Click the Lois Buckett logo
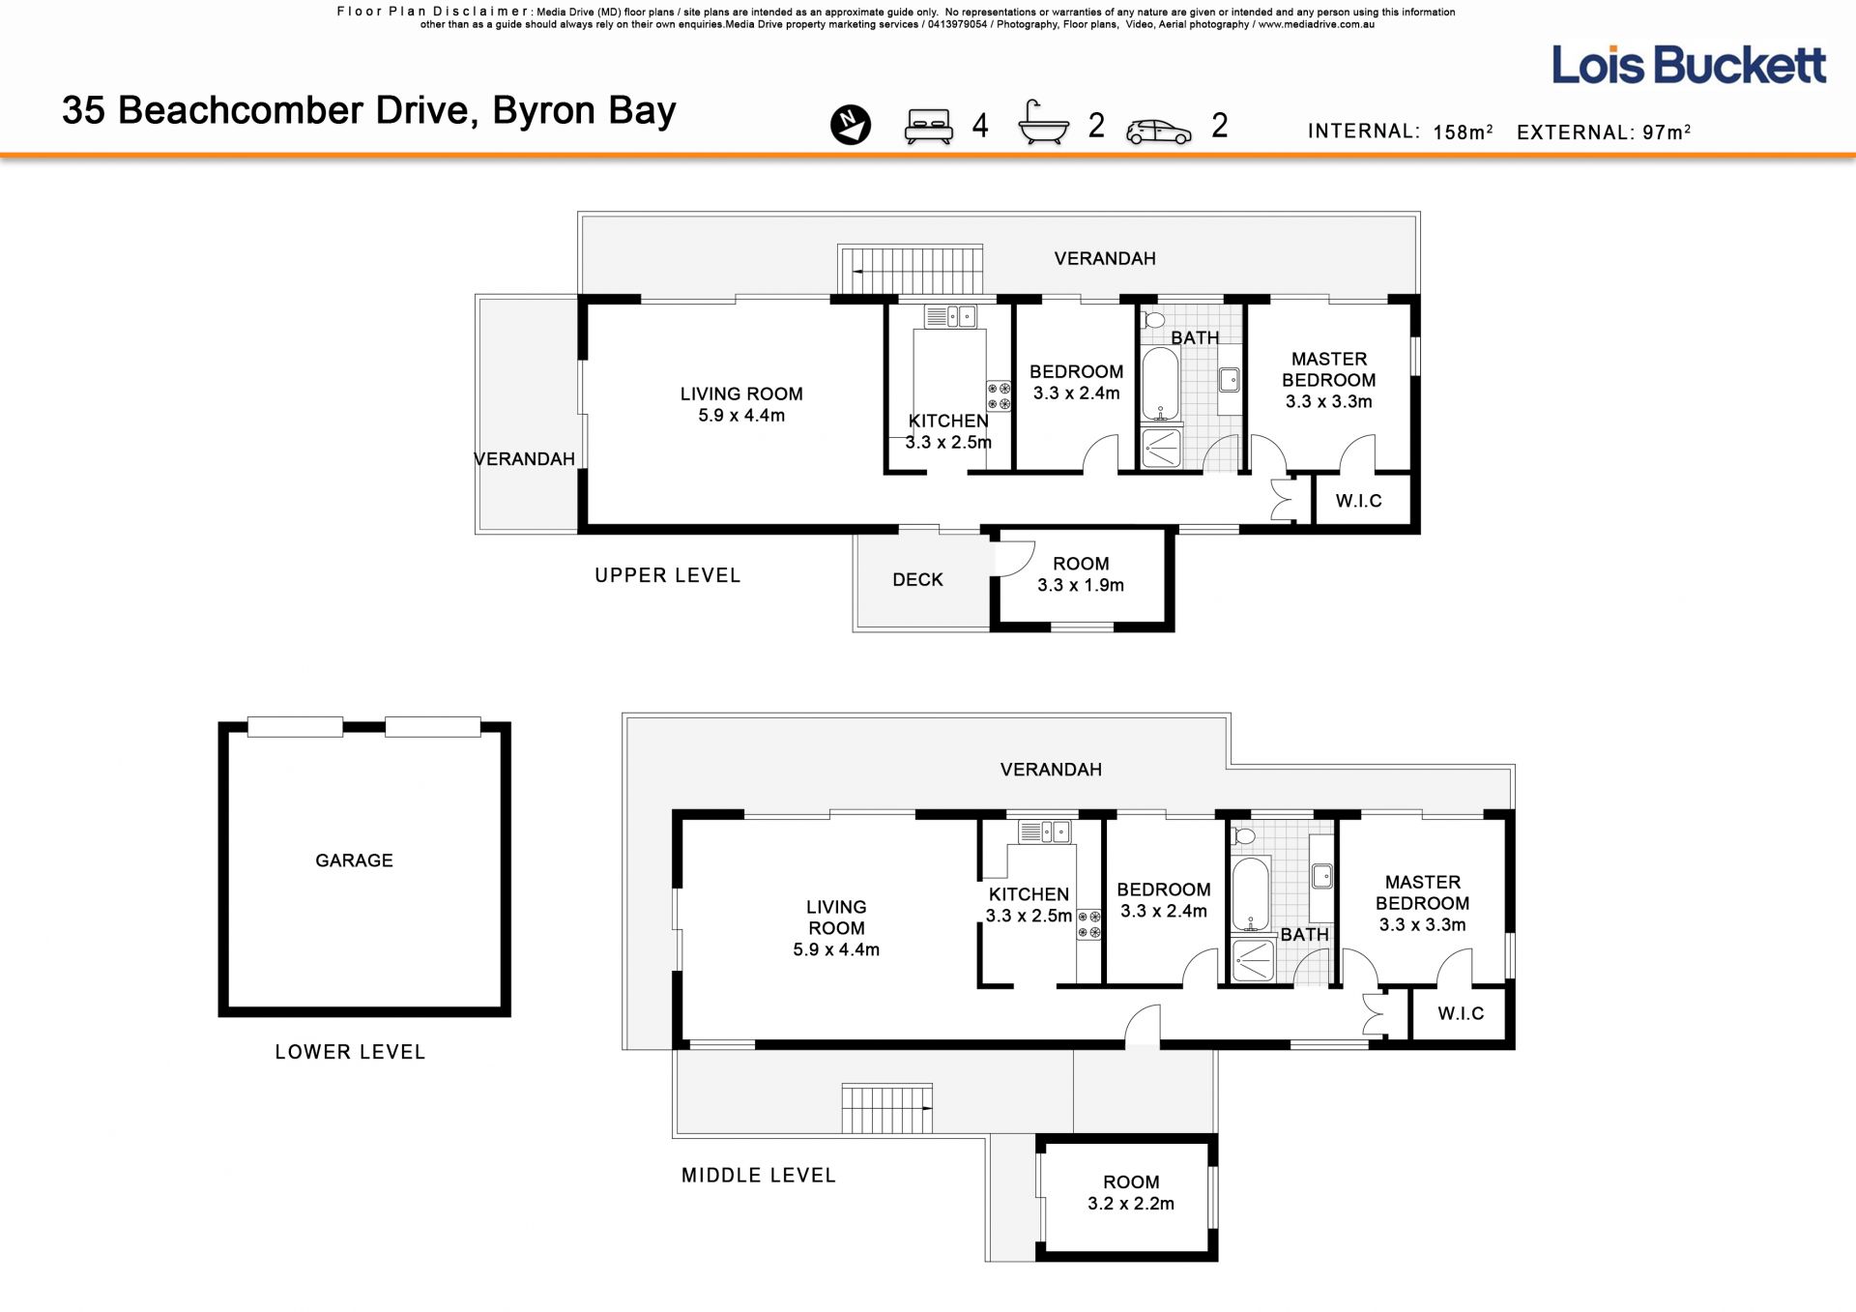[1689, 65]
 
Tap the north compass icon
[851, 125]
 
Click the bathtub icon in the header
[1044, 123]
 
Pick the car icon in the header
[1159, 131]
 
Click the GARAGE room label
[354, 860]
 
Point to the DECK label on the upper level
[917, 579]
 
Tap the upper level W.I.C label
[1358, 501]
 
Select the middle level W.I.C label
[1460, 1013]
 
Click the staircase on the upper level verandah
[911, 270]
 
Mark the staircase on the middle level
[886, 1108]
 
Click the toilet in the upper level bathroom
[1153, 319]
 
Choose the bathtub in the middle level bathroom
[1250, 893]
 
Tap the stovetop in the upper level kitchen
[999, 396]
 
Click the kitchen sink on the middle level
[1045, 831]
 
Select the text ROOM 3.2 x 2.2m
[1131, 1193]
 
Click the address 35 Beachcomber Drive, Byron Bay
[369, 111]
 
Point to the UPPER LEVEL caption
[667, 575]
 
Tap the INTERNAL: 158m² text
[1401, 131]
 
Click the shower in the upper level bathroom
[1161, 449]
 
